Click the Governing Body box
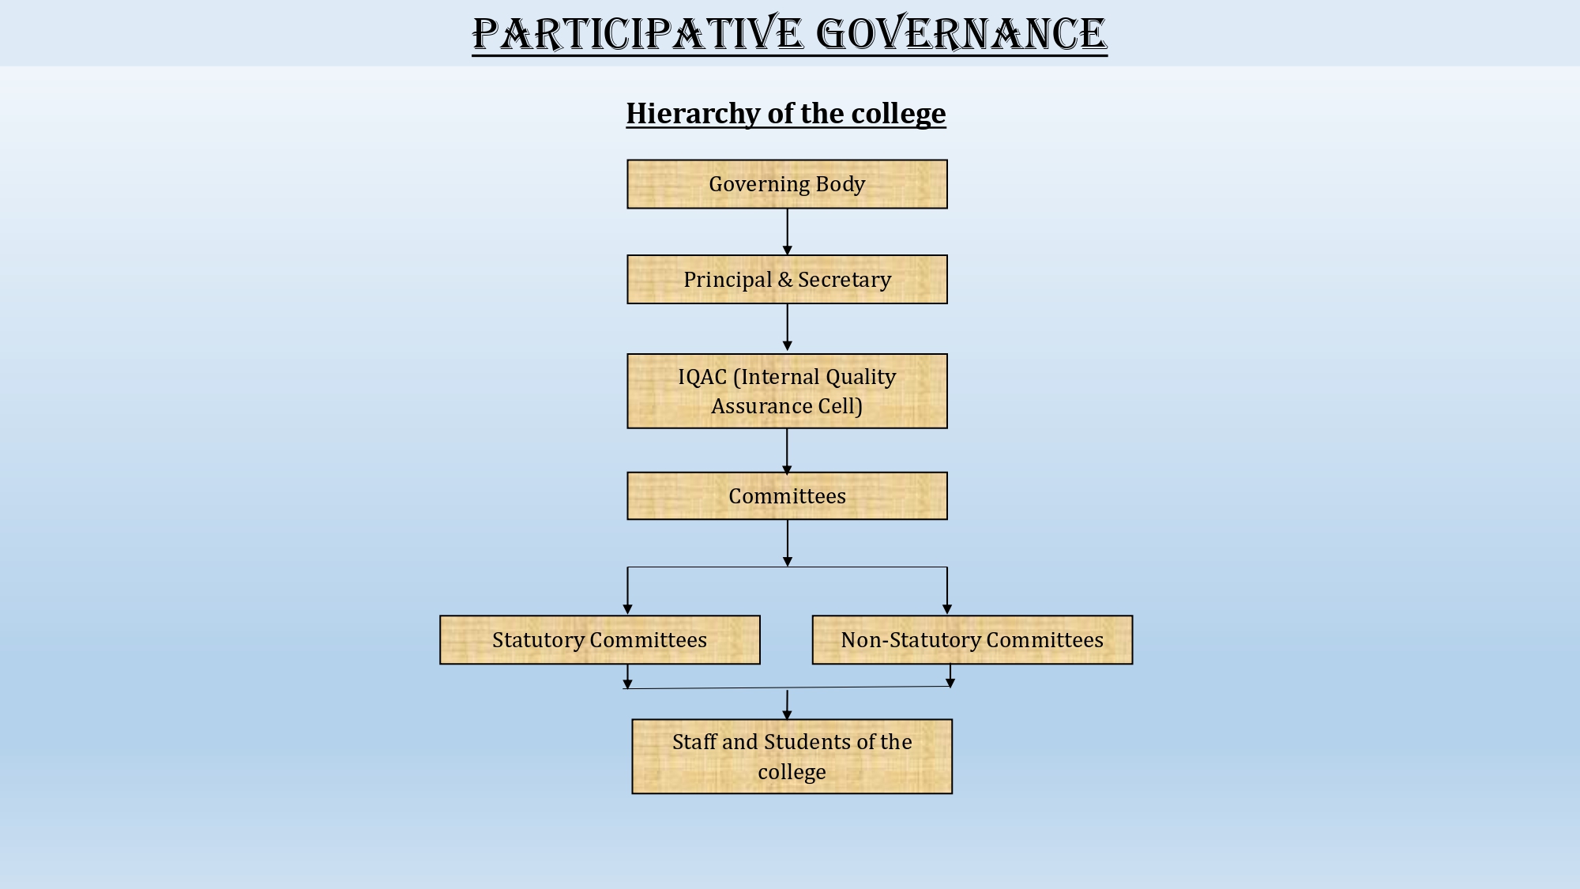point(787,184)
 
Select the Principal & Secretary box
point(787,279)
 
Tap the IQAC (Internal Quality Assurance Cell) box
point(787,391)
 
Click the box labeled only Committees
point(787,496)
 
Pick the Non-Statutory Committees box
point(972,640)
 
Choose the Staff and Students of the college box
point(792,756)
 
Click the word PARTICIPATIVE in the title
point(638,35)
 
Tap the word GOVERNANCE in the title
point(961,35)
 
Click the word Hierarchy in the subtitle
point(693,114)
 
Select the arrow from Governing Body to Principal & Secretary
point(787,232)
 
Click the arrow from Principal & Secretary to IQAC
point(787,327)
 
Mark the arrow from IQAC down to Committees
point(787,451)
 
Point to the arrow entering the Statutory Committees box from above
point(627,590)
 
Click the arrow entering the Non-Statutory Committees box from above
point(947,590)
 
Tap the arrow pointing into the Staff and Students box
point(787,705)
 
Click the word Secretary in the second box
point(845,280)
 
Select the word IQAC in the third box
point(702,377)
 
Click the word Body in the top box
point(841,185)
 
